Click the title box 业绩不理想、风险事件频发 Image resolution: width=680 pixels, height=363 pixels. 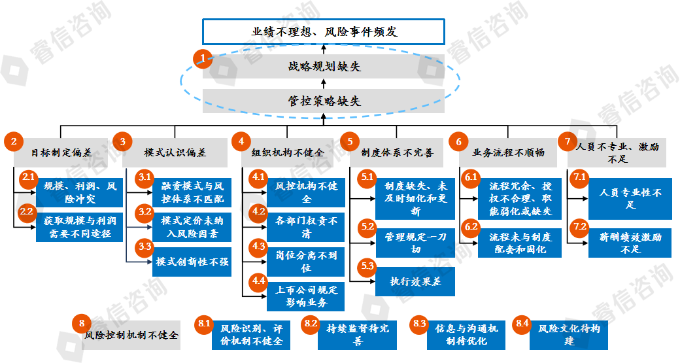(x=324, y=31)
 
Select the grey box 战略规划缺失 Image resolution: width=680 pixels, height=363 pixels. (x=324, y=66)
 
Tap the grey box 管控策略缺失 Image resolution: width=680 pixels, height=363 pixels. (x=324, y=101)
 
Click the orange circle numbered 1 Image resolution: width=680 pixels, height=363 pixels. (x=203, y=59)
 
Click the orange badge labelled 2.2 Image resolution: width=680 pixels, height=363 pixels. (x=27, y=211)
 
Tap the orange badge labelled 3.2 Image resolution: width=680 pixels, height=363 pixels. (x=144, y=212)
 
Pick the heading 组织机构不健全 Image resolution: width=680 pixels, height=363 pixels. (x=288, y=152)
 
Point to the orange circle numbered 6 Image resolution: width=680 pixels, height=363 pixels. (x=458, y=141)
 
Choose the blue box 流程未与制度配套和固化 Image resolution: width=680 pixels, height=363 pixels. (x=520, y=243)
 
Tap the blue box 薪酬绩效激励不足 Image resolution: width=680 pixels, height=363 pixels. (x=630, y=243)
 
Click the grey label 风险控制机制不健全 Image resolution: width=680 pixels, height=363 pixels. (x=131, y=336)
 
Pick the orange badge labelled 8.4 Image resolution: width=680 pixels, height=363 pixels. (x=522, y=323)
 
